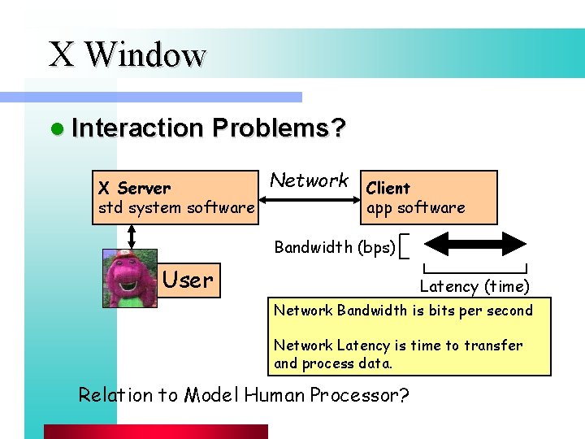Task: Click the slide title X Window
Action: tap(128, 54)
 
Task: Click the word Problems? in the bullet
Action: tap(279, 128)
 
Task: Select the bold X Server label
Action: tap(134, 188)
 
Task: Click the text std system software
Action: tap(175, 207)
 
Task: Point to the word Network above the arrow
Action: tap(309, 180)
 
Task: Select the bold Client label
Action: tap(388, 188)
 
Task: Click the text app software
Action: tap(416, 207)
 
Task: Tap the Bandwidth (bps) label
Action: tap(335, 246)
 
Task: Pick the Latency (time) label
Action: tap(474, 286)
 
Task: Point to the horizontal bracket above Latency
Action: tap(475, 268)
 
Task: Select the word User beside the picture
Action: tap(188, 280)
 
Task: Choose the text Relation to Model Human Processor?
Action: tap(243, 395)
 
